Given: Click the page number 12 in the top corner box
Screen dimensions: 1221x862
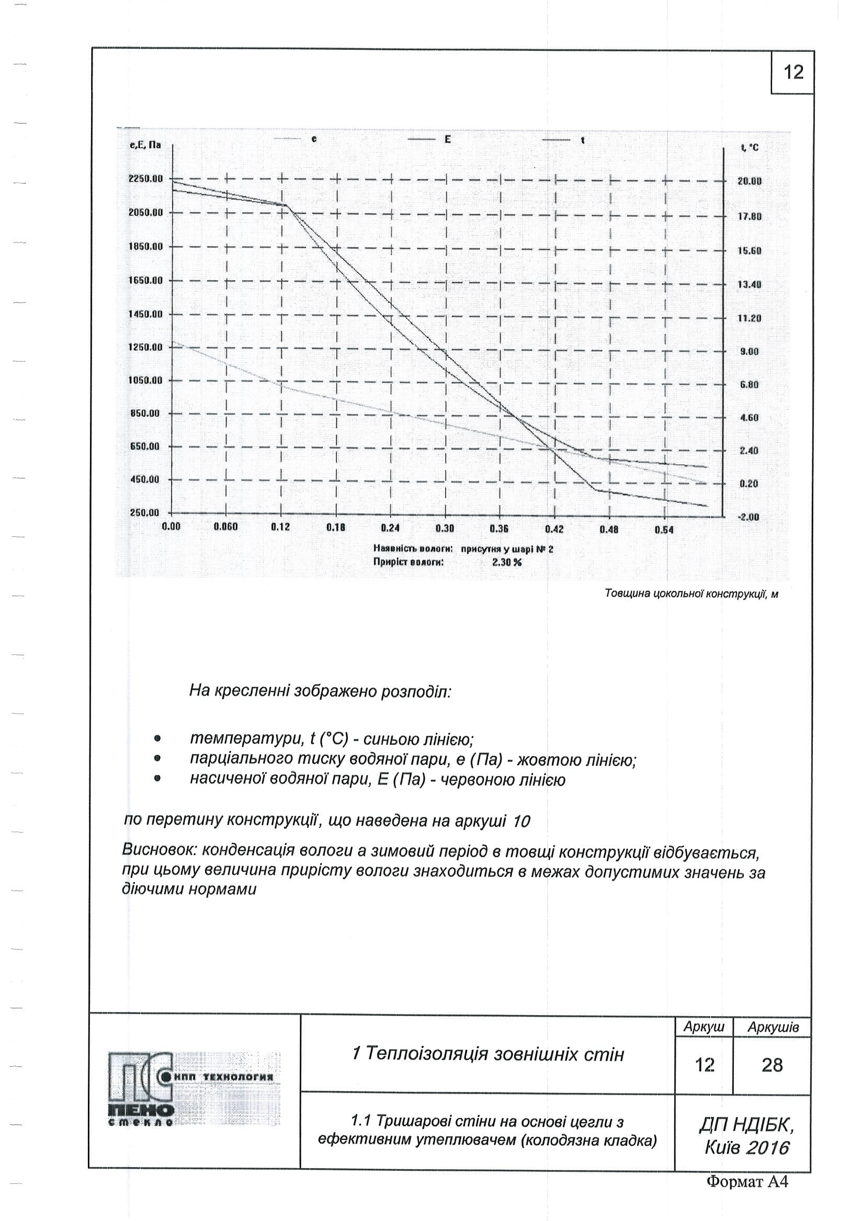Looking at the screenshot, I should click(793, 72).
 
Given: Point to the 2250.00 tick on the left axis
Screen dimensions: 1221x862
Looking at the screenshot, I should click(145, 179).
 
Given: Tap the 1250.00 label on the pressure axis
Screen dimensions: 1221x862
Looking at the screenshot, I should click(145, 347).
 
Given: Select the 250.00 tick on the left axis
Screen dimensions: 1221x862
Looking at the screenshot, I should click(145, 513).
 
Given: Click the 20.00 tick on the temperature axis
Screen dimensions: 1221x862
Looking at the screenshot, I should click(749, 181).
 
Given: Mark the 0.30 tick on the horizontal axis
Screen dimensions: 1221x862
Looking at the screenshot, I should click(445, 528).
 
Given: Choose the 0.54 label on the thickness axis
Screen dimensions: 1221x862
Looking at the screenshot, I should click(664, 529).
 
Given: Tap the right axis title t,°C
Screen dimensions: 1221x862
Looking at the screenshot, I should click(749, 147).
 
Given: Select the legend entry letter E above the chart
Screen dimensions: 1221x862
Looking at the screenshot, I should click(448, 139).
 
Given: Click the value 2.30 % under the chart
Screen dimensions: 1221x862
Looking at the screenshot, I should click(506, 561).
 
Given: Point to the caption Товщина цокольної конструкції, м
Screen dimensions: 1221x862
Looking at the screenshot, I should click(691, 593).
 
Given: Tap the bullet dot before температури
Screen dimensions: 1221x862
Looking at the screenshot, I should click(157, 739).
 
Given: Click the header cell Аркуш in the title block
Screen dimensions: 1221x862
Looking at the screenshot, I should click(704, 1027).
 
